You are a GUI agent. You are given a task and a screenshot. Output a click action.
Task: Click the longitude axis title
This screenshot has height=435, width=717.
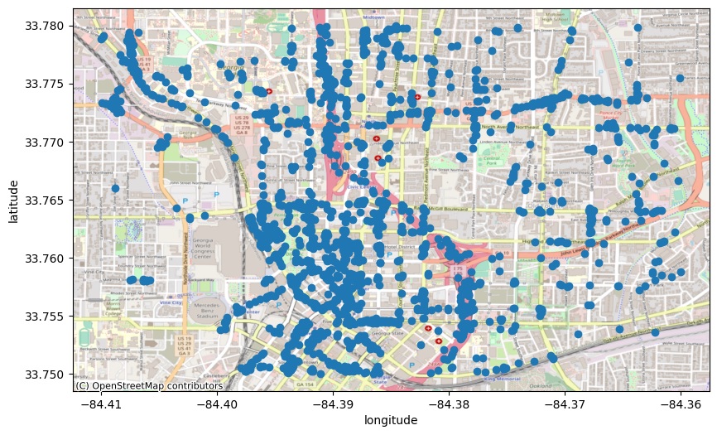pyautogui.click(x=391, y=421)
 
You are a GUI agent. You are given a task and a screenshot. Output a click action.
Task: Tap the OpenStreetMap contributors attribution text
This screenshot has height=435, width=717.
pyautogui.click(x=149, y=385)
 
